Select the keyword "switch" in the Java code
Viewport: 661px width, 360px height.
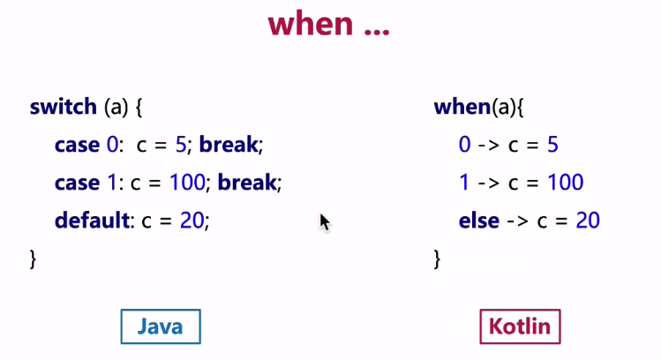coord(64,106)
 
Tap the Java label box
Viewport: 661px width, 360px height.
coord(161,326)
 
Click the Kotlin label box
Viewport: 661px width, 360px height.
coord(520,326)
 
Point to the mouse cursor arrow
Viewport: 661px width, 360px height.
coord(325,222)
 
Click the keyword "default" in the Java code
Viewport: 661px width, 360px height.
coord(92,220)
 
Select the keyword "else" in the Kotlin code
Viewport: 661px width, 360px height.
coord(479,221)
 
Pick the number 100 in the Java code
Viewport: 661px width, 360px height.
coord(187,183)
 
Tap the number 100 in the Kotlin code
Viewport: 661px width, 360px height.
coord(566,183)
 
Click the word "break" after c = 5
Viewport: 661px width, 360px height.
coord(228,145)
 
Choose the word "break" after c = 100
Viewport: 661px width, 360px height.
coord(246,183)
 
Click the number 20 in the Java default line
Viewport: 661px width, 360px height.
coord(192,221)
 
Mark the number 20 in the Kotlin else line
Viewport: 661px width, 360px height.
coord(588,221)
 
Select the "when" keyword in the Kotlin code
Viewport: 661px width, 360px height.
coord(462,106)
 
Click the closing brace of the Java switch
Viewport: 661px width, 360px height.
coord(33,259)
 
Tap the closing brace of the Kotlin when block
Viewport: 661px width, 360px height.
coord(437,259)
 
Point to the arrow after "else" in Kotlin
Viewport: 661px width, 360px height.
coord(517,221)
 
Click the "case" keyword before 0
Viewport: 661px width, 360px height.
coord(77,145)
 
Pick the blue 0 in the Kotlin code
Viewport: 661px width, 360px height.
coord(464,145)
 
